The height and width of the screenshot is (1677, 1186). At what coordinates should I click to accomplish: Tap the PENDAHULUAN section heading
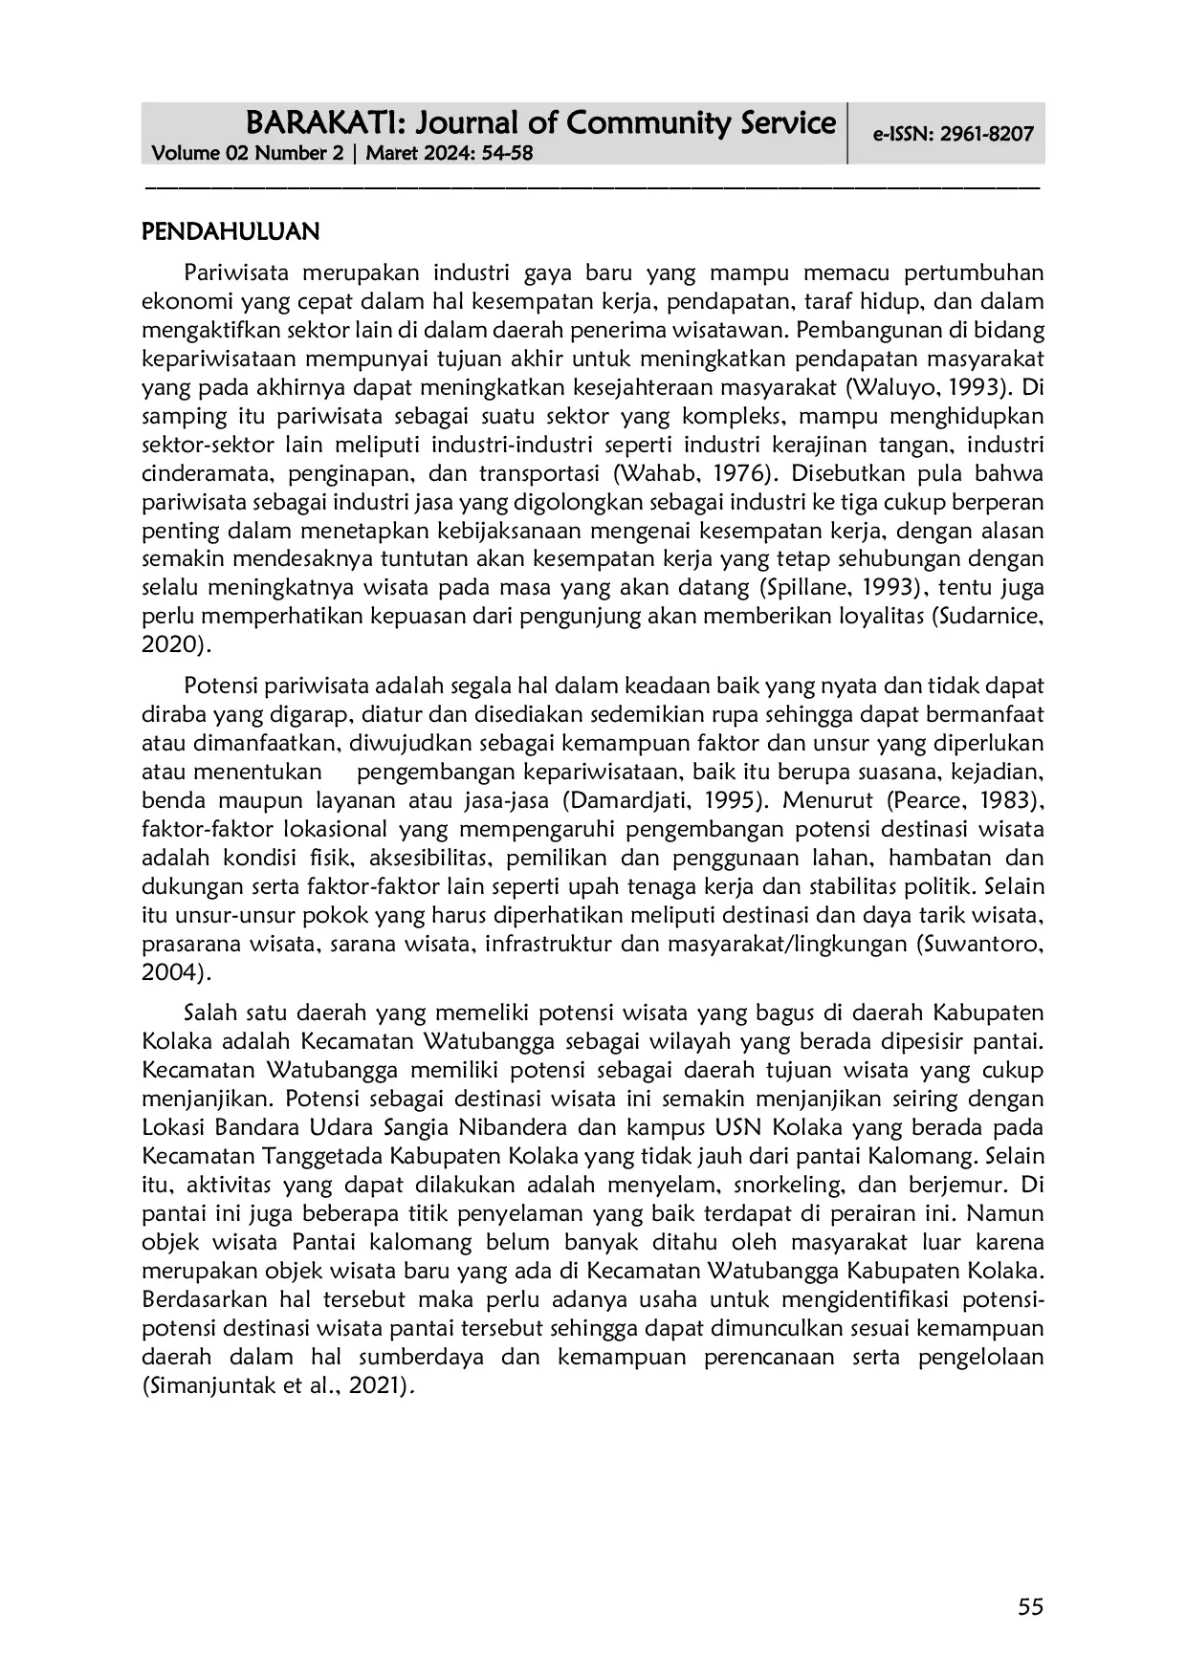[x=230, y=232]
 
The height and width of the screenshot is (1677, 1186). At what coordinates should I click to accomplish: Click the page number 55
[x=1030, y=1607]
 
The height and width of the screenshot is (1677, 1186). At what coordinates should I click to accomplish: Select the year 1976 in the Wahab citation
[x=739, y=474]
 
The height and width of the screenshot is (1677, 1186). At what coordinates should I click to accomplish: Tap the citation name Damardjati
[x=627, y=801]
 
